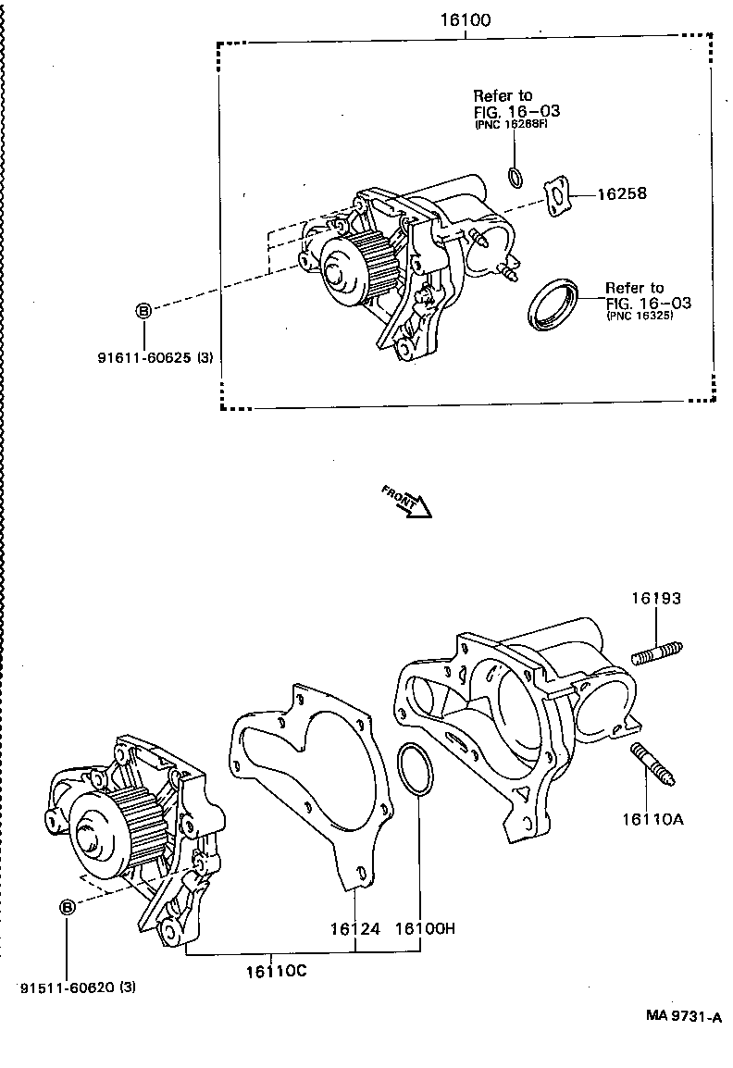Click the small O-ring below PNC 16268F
pyautogui.click(x=516, y=176)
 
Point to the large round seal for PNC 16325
pyautogui.click(x=553, y=304)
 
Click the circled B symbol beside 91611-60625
pyautogui.click(x=143, y=311)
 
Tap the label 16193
pyautogui.click(x=656, y=599)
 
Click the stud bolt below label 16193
pyautogui.click(x=657, y=652)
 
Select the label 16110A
pyautogui.click(x=652, y=818)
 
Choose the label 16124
pyautogui.click(x=356, y=928)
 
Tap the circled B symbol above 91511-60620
pyautogui.click(x=68, y=908)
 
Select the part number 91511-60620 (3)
pyautogui.click(x=78, y=987)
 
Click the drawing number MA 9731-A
pyautogui.click(x=683, y=1016)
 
